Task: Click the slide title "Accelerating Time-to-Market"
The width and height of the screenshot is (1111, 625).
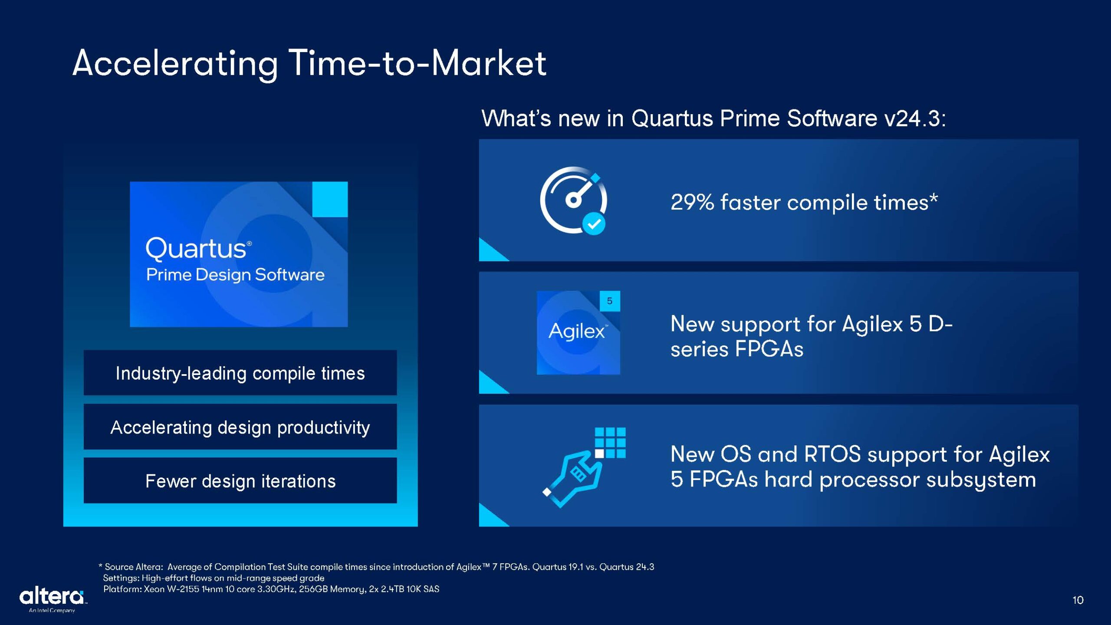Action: [309, 64]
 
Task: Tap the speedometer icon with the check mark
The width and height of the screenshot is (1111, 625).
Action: [574, 201]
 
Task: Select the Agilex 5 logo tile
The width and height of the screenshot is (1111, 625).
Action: [578, 332]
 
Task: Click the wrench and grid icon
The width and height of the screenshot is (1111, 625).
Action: [584, 467]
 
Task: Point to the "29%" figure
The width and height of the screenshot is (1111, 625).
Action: [692, 202]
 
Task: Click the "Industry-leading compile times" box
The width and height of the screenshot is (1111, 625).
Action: [240, 373]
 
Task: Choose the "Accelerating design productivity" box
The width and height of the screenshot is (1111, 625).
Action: [240, 427]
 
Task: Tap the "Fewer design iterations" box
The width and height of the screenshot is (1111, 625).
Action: [240, 480]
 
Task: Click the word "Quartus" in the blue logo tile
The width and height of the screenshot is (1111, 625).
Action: [196, 249]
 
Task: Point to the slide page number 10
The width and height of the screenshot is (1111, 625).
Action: [1078, 600]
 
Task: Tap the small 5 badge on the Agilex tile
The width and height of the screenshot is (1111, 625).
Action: [610, 301]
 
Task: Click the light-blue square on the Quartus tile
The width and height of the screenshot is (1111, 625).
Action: [330, 199]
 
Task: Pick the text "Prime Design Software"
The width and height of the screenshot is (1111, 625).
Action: [235, 275]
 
